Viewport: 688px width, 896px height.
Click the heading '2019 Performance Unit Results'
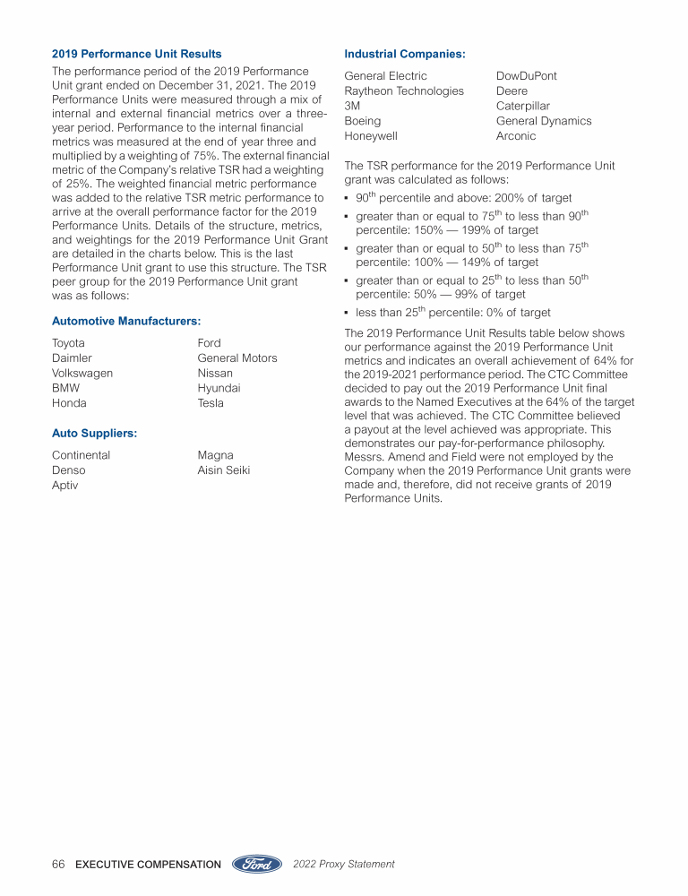[136, 54]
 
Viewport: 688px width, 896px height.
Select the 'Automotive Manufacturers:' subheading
[125, 320]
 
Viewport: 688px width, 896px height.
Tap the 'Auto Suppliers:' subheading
[94, 433]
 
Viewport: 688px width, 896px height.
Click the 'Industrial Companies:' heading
[404, 54]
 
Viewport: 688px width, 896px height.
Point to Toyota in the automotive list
[69, 343]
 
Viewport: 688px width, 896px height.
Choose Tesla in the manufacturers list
[211, 403]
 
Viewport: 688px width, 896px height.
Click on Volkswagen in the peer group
[82, 373]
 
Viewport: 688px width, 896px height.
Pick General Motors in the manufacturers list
[237, 358]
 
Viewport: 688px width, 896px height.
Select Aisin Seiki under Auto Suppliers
[223, 470]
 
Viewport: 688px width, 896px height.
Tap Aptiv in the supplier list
[64, 485]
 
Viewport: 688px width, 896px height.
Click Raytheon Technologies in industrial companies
[404, 90]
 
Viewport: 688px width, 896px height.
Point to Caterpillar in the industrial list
[523, 106]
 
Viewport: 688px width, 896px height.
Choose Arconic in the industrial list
[516, 136]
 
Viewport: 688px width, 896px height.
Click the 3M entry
[352, 106]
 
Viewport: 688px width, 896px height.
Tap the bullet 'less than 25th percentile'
[452, 313]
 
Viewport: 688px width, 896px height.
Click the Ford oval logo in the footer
[258, 864]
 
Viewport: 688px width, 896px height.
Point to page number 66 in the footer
[58, 865]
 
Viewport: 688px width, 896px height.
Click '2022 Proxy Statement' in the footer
[343, 865]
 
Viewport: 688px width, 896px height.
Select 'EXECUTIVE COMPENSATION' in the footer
[148, 865]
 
